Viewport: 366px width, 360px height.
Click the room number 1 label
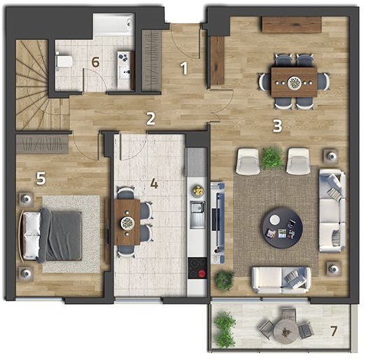tap(185, 69)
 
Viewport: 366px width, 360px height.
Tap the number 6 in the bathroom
tap(95, 62)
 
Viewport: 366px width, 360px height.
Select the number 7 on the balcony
tap(334, 331)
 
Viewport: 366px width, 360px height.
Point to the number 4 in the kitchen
tap(154, 184)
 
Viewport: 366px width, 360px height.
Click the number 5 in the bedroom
tap(41, 179)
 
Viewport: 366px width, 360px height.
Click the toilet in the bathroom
tap(64, 62)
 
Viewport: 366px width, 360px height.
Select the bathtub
tap(113, 25)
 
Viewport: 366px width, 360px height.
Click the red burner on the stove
tap(202, 273)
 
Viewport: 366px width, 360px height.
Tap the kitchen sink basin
tap(197, 208)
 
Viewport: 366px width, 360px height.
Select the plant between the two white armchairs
tap(272, 158)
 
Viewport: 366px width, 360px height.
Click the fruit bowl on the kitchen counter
tap(199, 191)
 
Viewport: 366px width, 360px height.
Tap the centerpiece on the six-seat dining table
tap(294, 83)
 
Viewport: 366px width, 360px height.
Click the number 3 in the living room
tap(278, 126)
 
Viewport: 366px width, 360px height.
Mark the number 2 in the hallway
tap(150, 118)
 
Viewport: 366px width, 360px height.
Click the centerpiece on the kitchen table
tap(127, 223)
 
